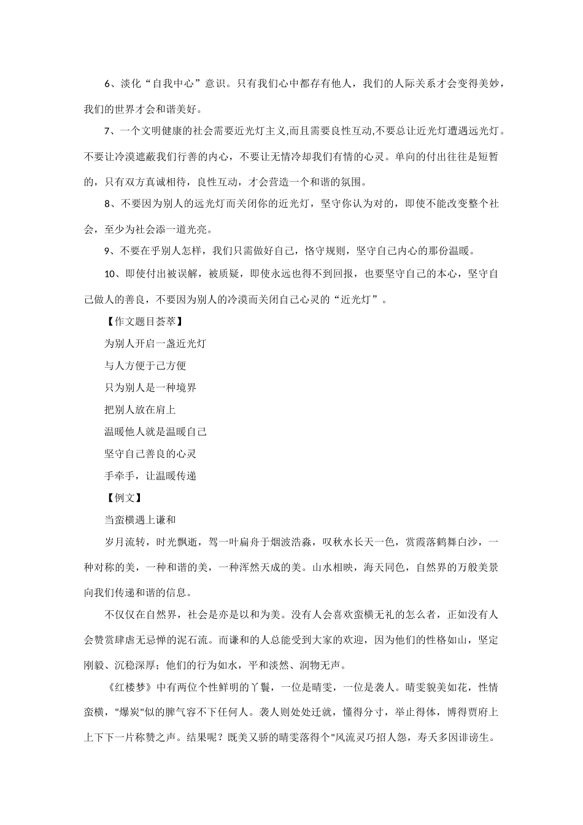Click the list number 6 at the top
click(x=107, y=83)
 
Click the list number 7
click(x=107, y=131)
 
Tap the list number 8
click(x=107, y=204)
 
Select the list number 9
click(x=107, y=250)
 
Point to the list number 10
click(x=110, y=274)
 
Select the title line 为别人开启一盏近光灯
click(x=155, y=343)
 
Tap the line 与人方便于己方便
click(x=145, y=365)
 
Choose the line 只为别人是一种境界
click(x=150, y=387)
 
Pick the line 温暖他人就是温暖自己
click(x=155, y=432)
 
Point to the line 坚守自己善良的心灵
click(x=150, y=454)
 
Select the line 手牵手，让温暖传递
click(x=150, y=476)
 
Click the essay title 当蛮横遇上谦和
click(x=141, y=520)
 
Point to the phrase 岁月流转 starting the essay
click(x=125, y=543)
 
